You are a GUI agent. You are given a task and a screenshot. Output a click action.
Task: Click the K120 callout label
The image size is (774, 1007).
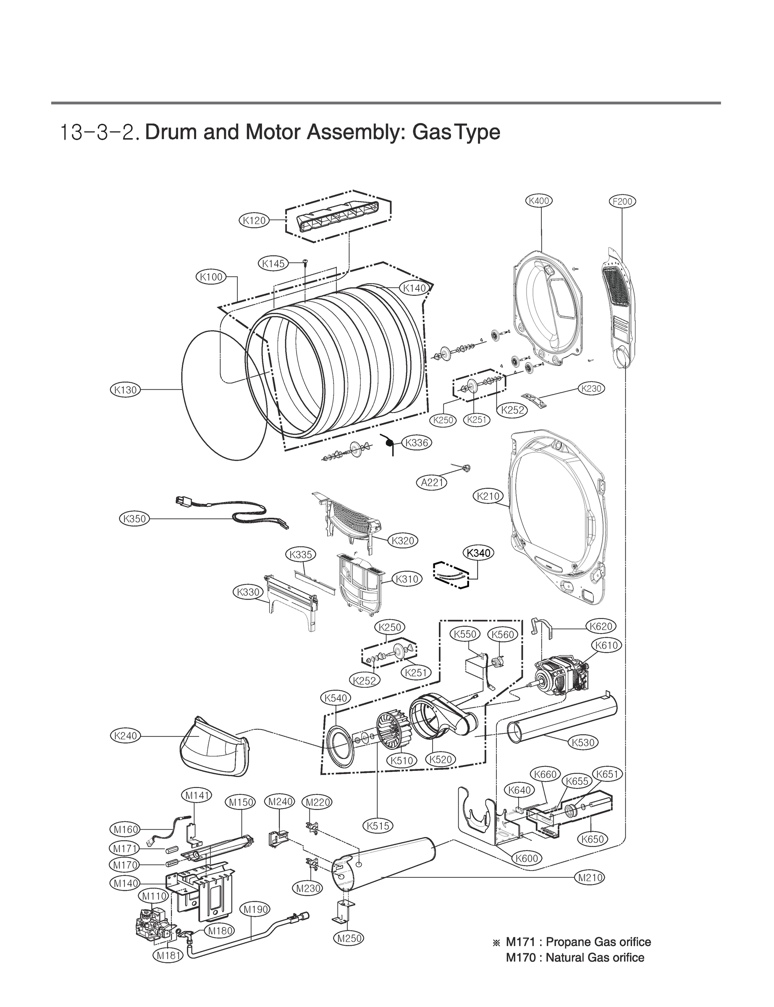255,220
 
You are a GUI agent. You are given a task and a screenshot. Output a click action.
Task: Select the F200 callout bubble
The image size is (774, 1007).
622,201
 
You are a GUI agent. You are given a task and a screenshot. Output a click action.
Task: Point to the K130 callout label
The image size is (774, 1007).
125,390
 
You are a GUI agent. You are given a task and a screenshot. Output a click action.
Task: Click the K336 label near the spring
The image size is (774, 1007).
417,443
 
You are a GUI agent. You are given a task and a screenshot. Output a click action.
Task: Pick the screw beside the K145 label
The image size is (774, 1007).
305,263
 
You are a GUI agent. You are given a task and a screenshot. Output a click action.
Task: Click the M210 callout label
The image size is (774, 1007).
590,878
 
